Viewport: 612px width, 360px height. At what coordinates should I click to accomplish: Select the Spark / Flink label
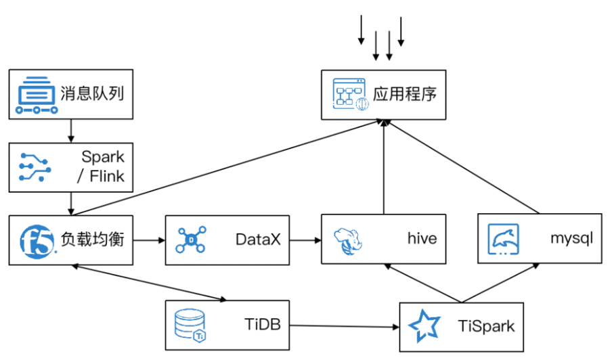(x=103, y=167)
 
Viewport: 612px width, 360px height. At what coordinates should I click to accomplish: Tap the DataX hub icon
(x=191, y=240)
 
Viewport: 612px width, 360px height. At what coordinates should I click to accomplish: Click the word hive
(x=422, y=239)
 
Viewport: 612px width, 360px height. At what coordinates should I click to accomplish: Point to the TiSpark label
(x=486, y=326)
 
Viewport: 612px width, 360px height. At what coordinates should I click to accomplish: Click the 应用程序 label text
(x=404, y=93)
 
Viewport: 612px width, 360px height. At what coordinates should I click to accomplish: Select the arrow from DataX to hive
(x=305, y=240)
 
